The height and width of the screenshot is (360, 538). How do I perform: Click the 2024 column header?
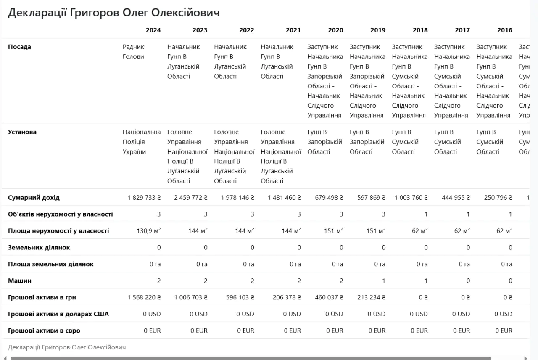[153, 30]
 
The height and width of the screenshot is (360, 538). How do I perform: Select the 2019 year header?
[378, 30]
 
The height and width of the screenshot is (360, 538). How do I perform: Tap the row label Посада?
[19, 47]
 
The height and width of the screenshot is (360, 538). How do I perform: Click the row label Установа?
[22, 132]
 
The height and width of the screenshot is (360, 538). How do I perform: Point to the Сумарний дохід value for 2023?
[190, 197]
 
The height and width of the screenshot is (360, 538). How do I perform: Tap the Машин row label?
[20, 281]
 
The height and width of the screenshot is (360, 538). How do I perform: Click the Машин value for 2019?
[383, 281]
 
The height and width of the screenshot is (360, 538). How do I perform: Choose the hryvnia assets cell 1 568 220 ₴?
[144, 297]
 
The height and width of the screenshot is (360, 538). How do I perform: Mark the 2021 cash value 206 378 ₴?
[284, 297]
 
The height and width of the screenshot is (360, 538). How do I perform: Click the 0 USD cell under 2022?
[245, 314]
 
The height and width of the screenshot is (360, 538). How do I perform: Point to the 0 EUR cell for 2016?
[504, 331]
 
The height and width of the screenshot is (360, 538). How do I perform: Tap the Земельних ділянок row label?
[39, 247]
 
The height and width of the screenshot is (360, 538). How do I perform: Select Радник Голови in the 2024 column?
[133, 52]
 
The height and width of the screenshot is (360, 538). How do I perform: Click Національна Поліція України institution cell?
[141, 142]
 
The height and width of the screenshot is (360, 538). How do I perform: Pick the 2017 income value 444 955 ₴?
[456, 197]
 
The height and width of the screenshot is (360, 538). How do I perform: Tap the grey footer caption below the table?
[67, 347]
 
